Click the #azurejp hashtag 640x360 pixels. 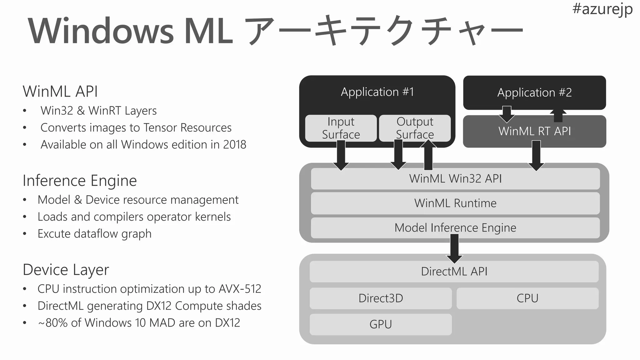(x=602, y=9)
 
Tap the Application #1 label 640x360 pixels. (x=377, y=92)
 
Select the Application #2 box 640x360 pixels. (x=534, y=92)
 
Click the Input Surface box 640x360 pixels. (x=341, y=128)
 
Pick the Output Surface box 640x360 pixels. (x=415, y=128)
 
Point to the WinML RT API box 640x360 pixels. (x=534, y=132)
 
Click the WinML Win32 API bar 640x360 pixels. (x=455, y=179)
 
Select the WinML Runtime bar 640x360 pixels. (x=455, y=203)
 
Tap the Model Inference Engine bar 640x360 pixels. (x=455, y=228)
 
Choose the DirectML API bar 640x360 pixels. (x=454, y=272)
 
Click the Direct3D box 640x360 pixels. (x=381, y=298)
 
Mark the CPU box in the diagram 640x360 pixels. (x=527, y=298)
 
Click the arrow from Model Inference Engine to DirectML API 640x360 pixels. (x=454, y=248)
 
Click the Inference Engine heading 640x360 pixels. (x=80, y=181)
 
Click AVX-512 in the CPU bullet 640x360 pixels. (x=240, y=289)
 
